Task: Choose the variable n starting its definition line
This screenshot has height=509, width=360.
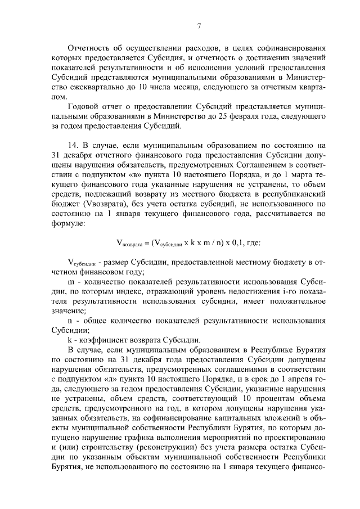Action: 69,320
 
